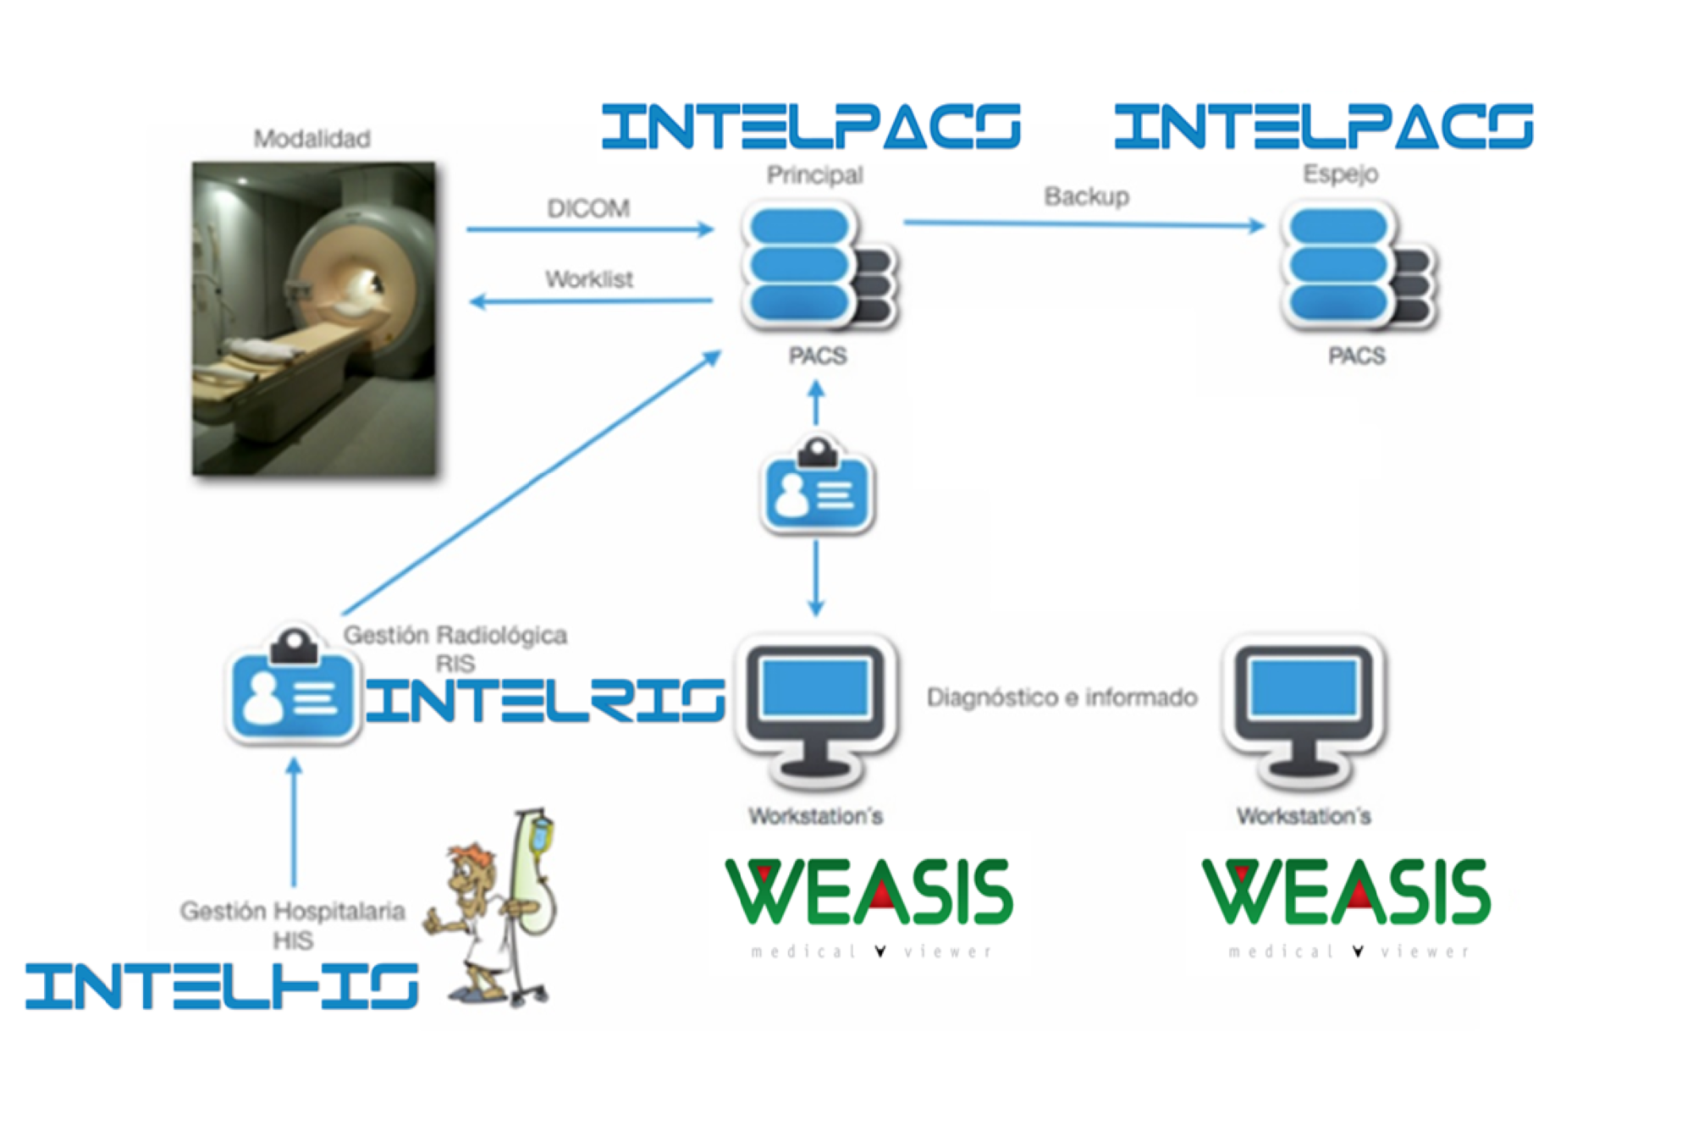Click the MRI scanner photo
pyautogui.click(x=314, y=318)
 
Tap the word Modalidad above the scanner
pyautogui.click(x=312, y=139)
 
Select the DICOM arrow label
pyautogui.click(x=588, y=208)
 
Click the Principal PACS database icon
pyautogui.click(x=817, y=267)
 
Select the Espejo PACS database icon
pyautogui.click(x=1357, y=267)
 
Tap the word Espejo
pyautogui.click(x=1340, y=174)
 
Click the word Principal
pyautogui.click(x=814, y=175)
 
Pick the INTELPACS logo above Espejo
pyautogui.click(x=1323, y=127)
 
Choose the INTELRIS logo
pyautogui.click(x=545, y=701)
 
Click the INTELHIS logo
pyautogui.click(x=222, y=986)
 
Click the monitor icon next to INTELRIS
pyautogui.click(x=817, y=707)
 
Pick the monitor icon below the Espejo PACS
pyautogui.click(x=1304, y=707)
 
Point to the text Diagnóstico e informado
pyautogui.click(x=1062, y=698)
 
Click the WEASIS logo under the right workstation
pyautogui.click(x=1346, y=897)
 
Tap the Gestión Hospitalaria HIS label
pyautogui.click(x=292, y=925)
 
